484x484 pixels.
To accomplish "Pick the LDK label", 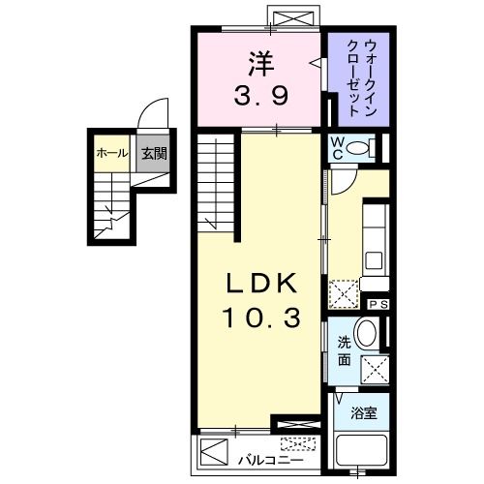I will coord(257,285).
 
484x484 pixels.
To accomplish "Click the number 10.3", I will coord(257,316).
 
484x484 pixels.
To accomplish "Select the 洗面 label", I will coord(344,350).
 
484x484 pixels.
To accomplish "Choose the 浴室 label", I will coord(364,412).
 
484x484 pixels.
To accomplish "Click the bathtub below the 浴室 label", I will coord(362,454).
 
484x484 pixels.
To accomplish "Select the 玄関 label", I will coord(150,153).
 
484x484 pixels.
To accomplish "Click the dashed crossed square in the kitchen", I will coord(344,291).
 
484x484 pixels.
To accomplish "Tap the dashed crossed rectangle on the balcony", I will coord(297,444).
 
